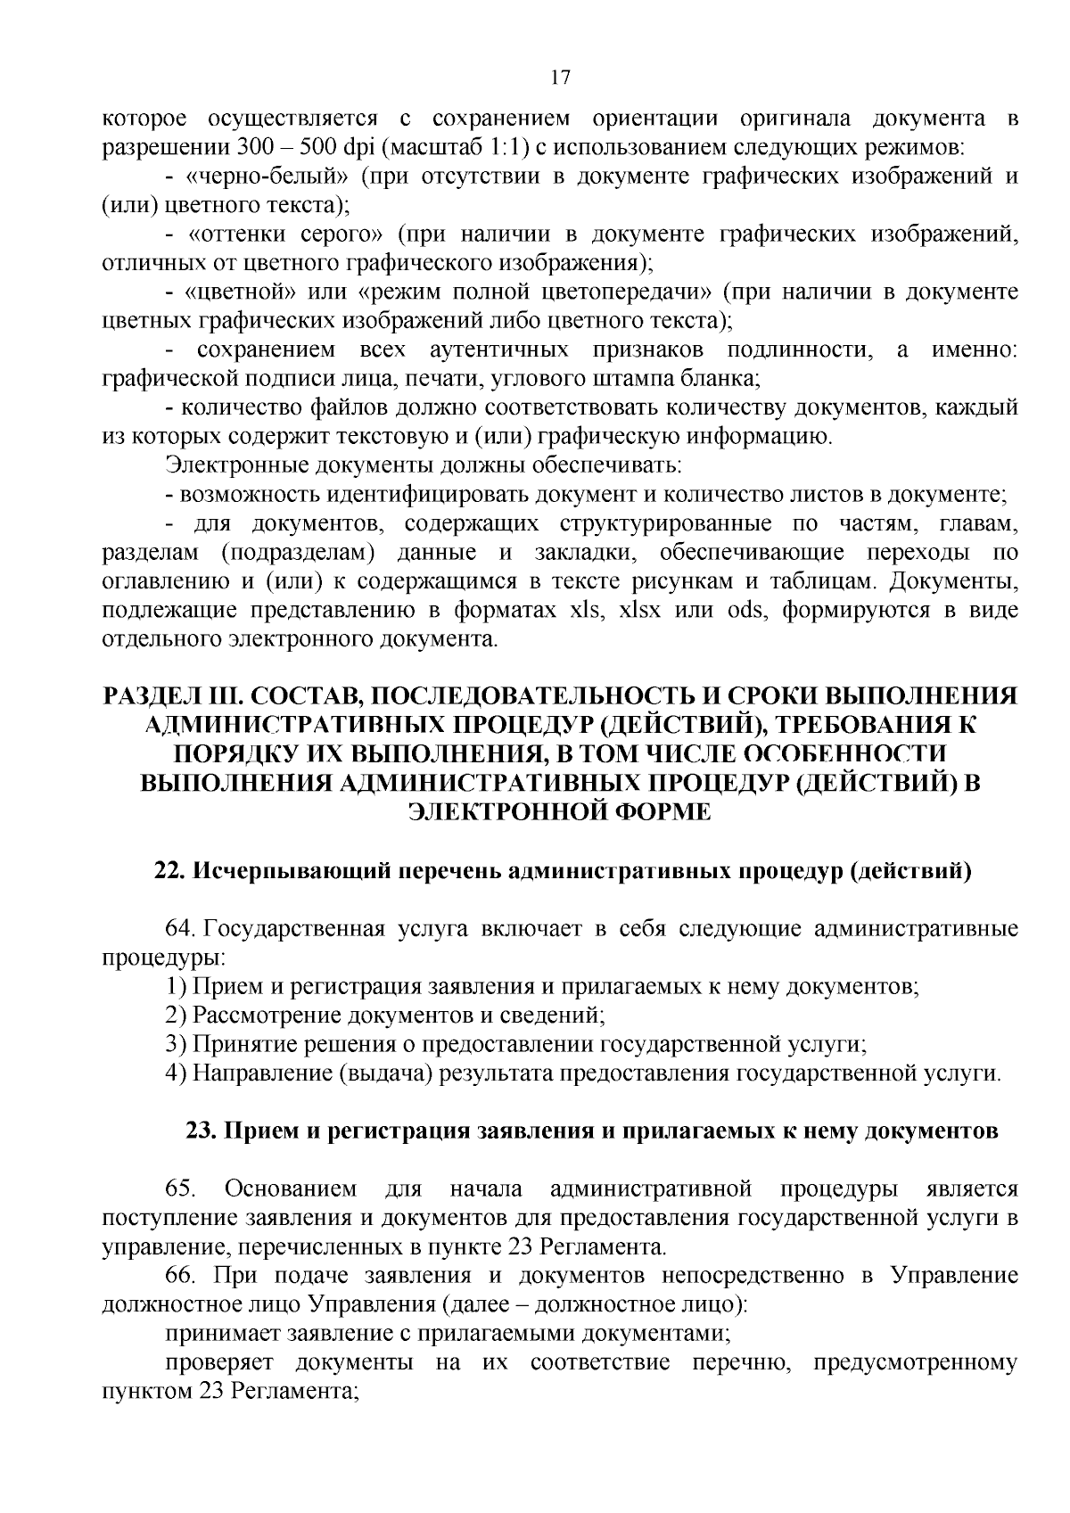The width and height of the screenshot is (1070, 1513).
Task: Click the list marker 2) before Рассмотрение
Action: pyautogui.click(x=176, y=1015)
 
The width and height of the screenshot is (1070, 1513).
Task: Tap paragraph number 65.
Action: pyautogui.click(x=180, y=1189)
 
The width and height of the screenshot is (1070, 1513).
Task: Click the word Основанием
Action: pyautogui.click(x=291, y=1189)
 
